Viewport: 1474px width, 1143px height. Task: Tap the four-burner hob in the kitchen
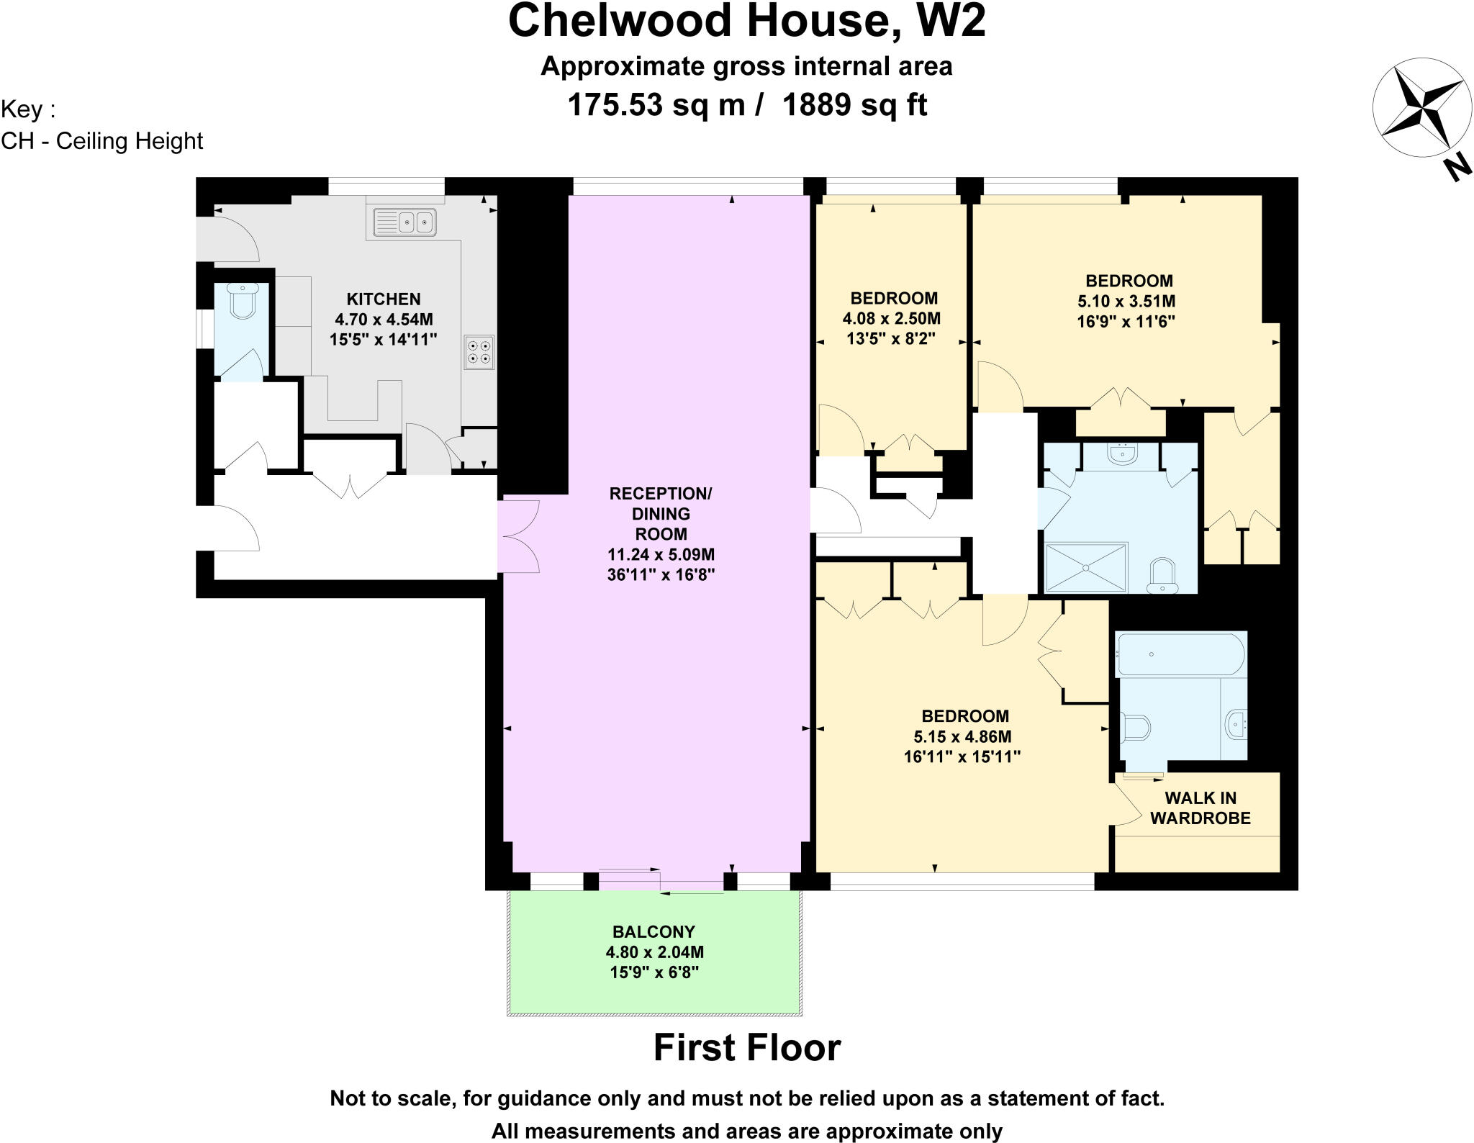click(x=479, y=353)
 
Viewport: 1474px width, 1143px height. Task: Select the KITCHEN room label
click(x=384, y=299)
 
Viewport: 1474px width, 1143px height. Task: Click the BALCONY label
click(x=654, y=932)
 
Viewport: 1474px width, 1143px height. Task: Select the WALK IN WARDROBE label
click(x=1201, y=808)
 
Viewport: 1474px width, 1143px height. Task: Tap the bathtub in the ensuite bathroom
click(x=1180, y=654)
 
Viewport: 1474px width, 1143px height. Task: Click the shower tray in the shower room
click(x=1086, y=567)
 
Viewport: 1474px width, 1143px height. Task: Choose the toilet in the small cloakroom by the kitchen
click(x=243, y=301)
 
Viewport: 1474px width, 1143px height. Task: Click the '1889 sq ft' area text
click(x=854, y=105)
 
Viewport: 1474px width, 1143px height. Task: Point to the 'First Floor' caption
click(x=747, y=1048)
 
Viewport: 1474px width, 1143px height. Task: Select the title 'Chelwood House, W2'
click(x=746, y=22)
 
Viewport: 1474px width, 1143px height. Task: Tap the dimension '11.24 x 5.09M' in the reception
click(x=661, y=554)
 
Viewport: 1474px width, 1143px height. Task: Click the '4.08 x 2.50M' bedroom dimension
click(x=892, y=318)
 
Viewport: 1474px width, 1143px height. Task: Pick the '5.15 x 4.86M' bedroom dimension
click(x=962, y=736)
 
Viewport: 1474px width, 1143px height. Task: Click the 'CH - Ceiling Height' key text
click(x=102, y=141)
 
